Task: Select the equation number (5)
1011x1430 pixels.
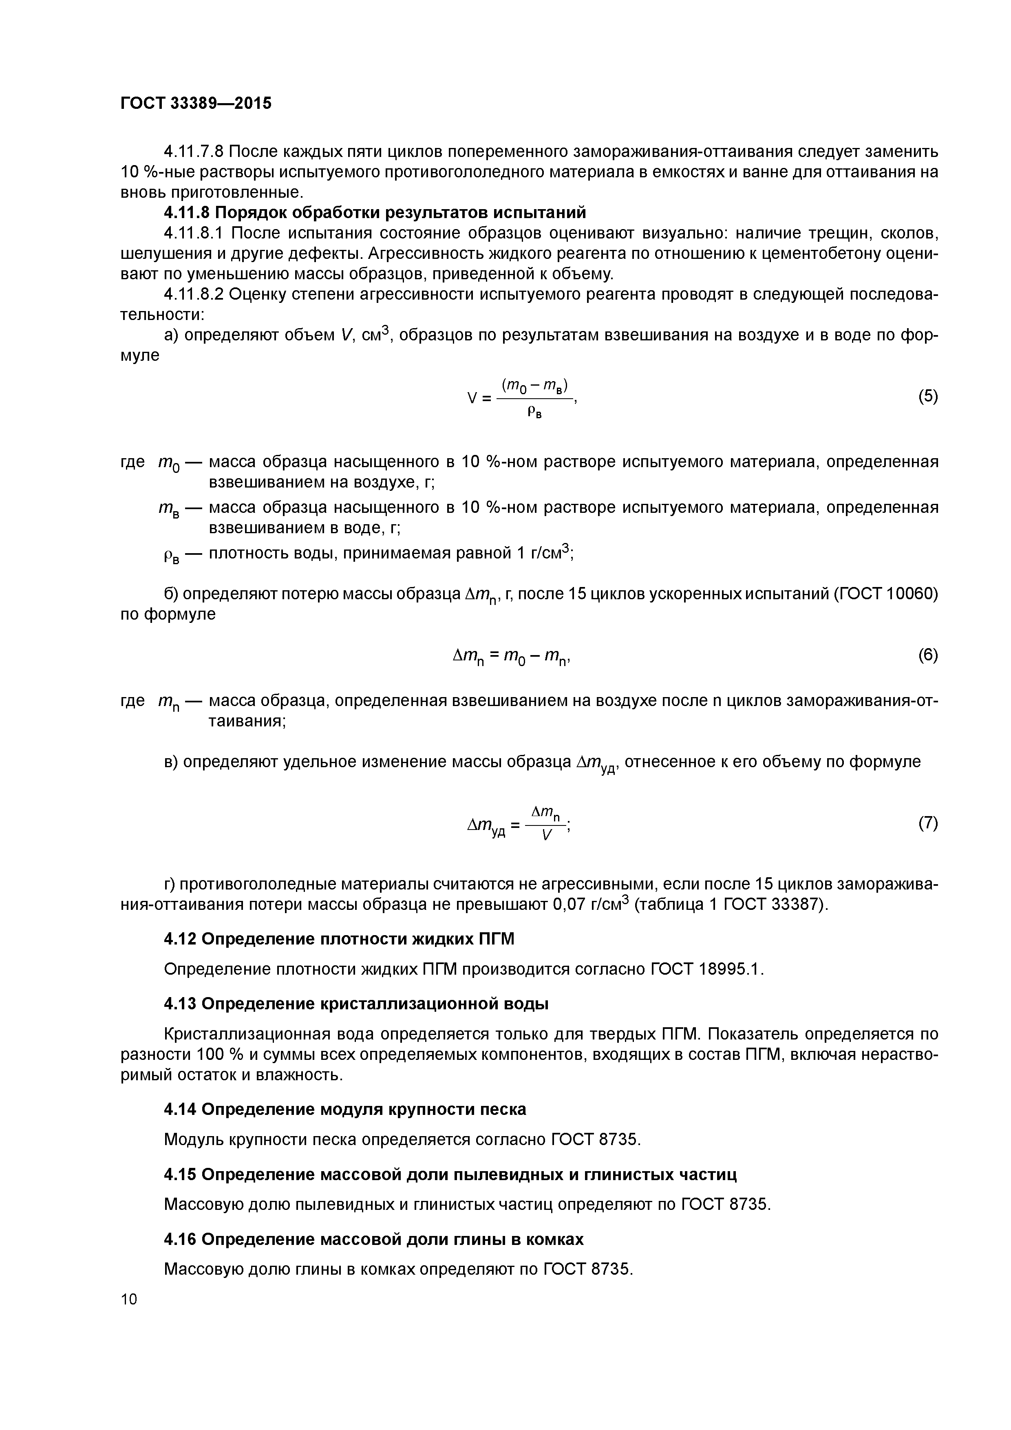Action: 927,396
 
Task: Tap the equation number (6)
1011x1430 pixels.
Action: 927,655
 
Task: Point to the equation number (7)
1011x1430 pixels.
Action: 927,823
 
